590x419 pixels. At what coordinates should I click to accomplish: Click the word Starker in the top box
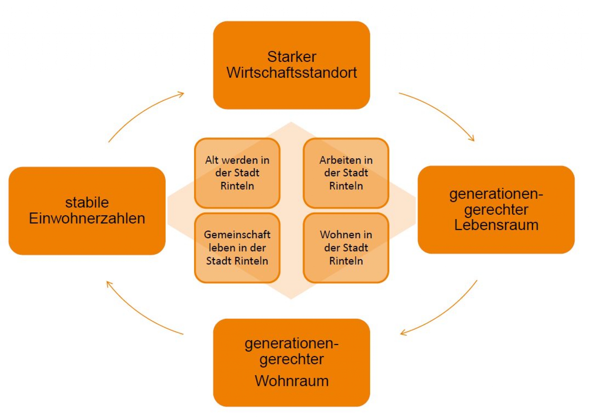click(x=291, y=57)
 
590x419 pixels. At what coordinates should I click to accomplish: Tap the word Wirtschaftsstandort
click(x=291, y=73)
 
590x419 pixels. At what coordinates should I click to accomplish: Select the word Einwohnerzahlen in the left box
click(x=87, y=218)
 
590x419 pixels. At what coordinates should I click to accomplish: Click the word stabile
click(x=87, y=203)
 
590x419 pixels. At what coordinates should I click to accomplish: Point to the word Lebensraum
click(x=496, y=225)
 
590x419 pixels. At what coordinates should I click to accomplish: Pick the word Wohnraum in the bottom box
click(x=291, y=381)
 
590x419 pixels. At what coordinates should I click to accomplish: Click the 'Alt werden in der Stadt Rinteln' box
click(x=237, y=173)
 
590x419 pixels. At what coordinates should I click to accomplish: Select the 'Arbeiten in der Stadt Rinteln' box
click(x=346, y=173)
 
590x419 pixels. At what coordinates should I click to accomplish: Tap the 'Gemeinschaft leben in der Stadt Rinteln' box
click(x=237, y=248)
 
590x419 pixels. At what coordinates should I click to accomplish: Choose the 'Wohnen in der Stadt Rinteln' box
click(x=346, y=248)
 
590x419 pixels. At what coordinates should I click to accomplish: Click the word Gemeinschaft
click(x=237, y=235)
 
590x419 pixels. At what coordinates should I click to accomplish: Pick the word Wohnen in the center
click(x=336, y=235)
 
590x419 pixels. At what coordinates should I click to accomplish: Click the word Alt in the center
click(x=211, y=160)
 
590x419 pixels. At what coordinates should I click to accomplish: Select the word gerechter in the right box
click(x=496, y=210)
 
